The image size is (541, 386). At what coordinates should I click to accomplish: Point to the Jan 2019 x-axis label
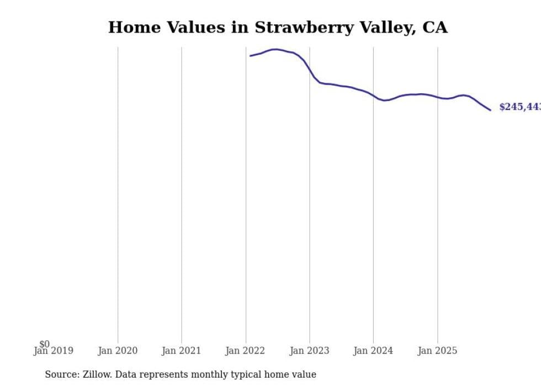pyautogui.click(x=53, y=351)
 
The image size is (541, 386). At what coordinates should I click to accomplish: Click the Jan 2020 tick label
pyautogui.click(x=118, y=351)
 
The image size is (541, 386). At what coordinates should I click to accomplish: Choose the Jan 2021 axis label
pyautogui.click(x=182, y=351)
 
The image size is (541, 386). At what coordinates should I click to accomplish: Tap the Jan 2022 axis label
pyautogui.click(x=245, y=351)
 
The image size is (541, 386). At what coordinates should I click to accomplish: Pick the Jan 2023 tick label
pyautogui.click(x=309, y=351)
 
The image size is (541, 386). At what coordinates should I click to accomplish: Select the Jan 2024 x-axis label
pyautogui.click(x=373, y=351)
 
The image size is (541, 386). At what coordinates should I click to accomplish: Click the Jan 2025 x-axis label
pyautogui.click(x=437, y=351)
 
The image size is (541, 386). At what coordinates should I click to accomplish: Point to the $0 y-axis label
pyautogui.click(x=44, y=344)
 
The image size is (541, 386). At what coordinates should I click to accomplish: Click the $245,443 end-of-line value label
pyautogui.click(x=519, y=107)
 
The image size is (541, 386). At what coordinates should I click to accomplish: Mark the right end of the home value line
pyautogui.click(x=490, y=110)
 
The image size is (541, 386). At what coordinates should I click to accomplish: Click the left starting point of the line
pyautogui.click(x=250, y=56)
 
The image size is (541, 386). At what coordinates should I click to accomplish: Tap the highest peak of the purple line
pyautogui.click(x=275, y=49)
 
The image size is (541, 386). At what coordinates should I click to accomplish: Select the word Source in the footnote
pyautogui.click(x=62, y=374)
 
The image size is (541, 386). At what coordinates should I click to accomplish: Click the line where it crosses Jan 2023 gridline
pyautogui.click(x=309, y=70)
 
